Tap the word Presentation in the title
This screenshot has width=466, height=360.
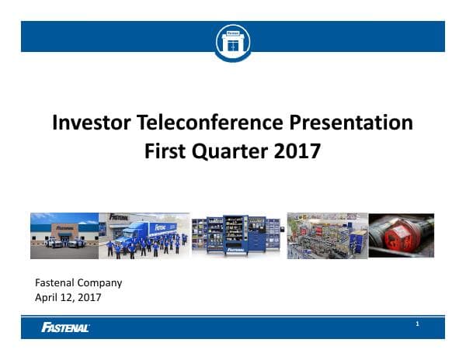362,123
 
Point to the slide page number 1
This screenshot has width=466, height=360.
417,324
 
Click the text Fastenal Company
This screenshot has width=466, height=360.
79,283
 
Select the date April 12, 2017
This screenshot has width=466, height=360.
68,296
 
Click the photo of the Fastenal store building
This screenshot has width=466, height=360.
64,235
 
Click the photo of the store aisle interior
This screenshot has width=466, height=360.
326,235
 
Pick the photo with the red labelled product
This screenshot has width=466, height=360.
401,235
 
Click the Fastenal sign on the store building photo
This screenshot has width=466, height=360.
65,227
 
